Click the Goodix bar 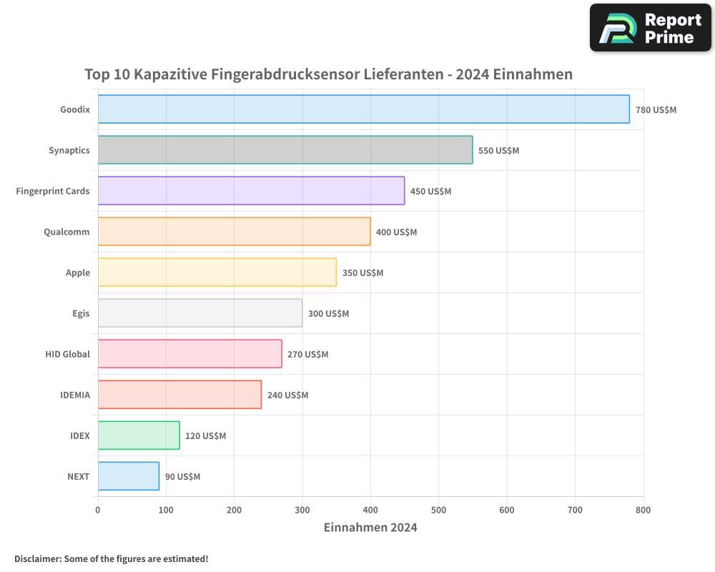(363, 109)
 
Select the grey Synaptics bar (285, 150)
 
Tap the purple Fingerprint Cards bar (251, 191)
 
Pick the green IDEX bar (139, 435)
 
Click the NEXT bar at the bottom (129, 476)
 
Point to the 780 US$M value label (656, 110)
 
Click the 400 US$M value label (396, 232)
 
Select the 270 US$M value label (307, 355)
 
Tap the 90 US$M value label (182, 477)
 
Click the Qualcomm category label (66, 232)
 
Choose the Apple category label (78, 272)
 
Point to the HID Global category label (67, 354)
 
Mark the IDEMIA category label (75, 395)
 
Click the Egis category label (81, 313)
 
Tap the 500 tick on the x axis (438, 510)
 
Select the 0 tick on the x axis (98, 510)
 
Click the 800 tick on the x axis (643, 510)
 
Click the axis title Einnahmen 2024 (370, 528)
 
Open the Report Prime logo (650, 28)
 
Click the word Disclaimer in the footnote (37, 558)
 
